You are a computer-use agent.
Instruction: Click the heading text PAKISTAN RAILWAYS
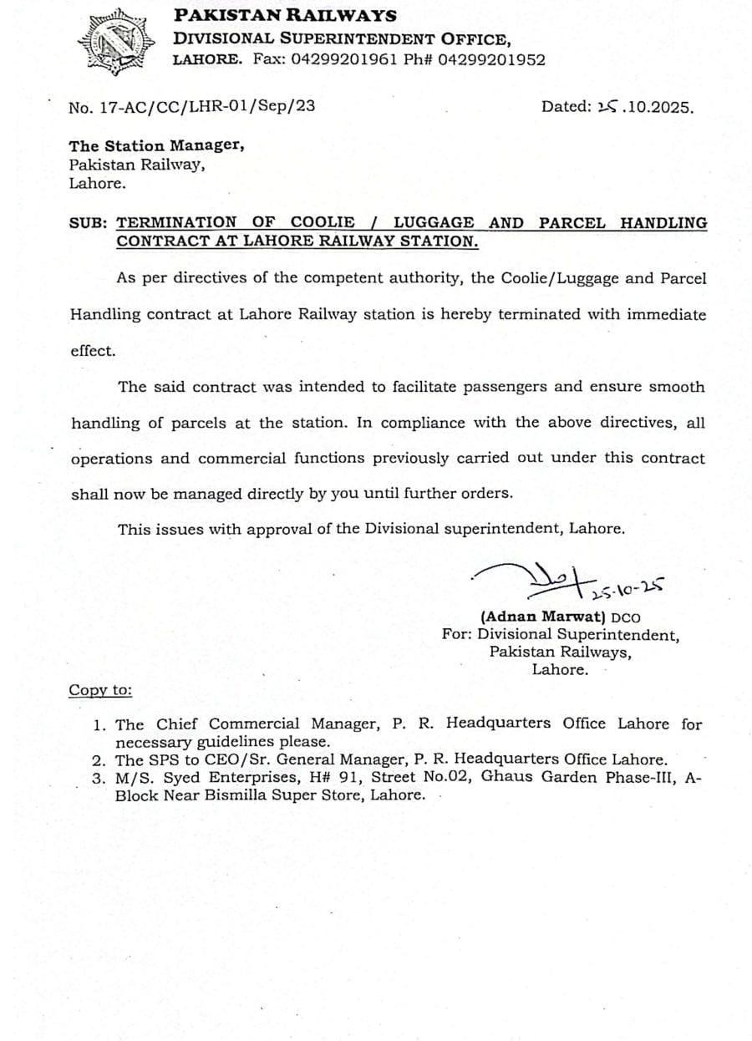click(285, 16)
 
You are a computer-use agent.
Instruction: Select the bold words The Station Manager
click(157, 145)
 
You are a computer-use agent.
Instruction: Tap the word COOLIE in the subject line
click(323, 222)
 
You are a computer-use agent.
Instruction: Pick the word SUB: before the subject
click(89, 223)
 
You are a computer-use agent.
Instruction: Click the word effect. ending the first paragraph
click(93, 351)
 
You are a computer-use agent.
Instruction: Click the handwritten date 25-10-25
click(627, 590)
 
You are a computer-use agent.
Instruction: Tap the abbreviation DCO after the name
click(626, 618)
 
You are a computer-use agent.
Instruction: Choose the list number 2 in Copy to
click(99, 760)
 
